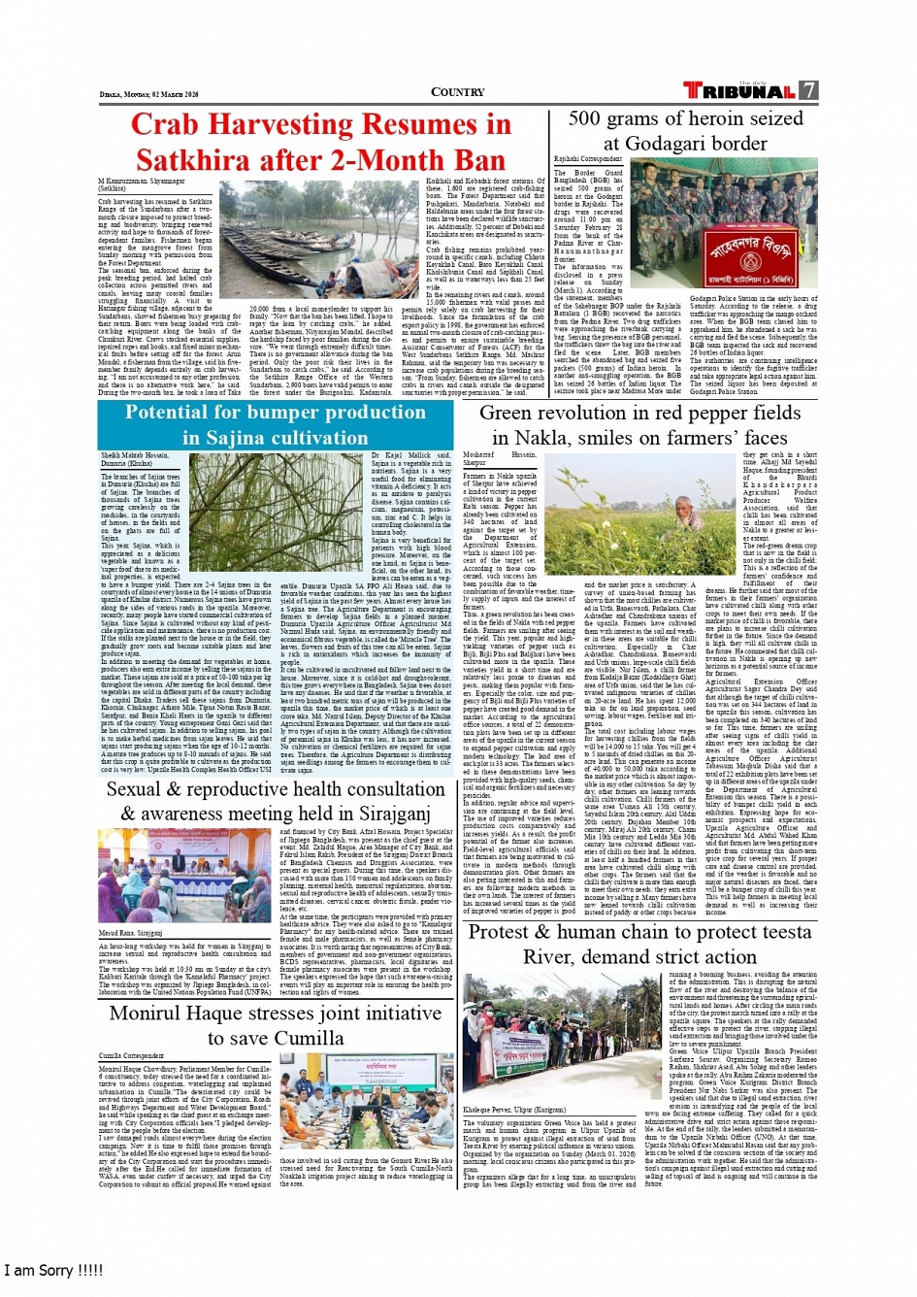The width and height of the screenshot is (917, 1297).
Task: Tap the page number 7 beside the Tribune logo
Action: pos(808,90)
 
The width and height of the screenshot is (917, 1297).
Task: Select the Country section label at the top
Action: pos(458,92)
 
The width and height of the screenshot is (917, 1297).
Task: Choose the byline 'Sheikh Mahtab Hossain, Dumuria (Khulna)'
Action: pos(134,459)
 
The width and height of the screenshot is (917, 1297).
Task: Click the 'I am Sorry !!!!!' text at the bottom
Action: pos(53,1270)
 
